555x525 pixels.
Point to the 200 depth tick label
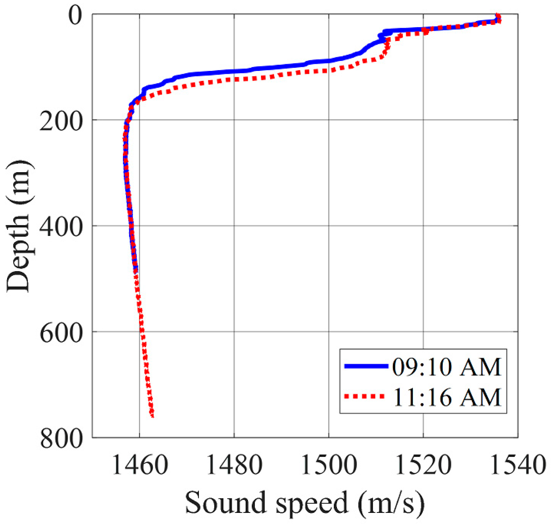coord(61,122)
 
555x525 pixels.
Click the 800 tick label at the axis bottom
coord(61,439)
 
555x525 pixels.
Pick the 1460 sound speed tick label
coord(140,465)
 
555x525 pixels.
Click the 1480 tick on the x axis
coord(234,465)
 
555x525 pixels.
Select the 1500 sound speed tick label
coord(329,465)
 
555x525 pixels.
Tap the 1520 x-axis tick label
coord(423,465)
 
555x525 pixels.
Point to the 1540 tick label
coord(518,465)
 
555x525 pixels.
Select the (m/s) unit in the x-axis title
coord(391,503)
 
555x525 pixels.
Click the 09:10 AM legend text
coord(447,367)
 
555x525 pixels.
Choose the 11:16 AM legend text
coord(447,397)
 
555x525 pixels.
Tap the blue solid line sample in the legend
coord(366,366)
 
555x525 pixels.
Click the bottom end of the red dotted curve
coord(152,416)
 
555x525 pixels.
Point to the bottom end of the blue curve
coord(135,270)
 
